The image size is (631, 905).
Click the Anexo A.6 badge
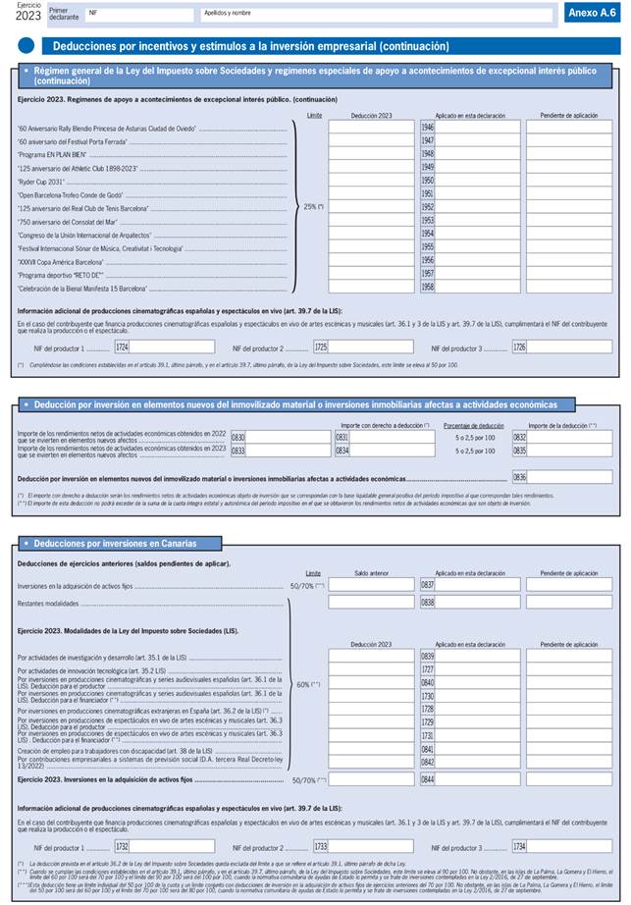point(592,13)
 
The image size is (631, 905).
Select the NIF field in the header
point(137,14)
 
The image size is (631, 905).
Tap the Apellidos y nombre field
point(373,14)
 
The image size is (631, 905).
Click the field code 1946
point(427,128)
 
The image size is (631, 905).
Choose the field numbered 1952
point(427,208)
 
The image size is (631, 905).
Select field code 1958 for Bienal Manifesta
point(427,289)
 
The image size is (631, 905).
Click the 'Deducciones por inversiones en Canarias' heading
point(116,543)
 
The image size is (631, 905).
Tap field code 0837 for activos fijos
point(427,585)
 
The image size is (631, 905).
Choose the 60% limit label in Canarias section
point(309,712)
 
